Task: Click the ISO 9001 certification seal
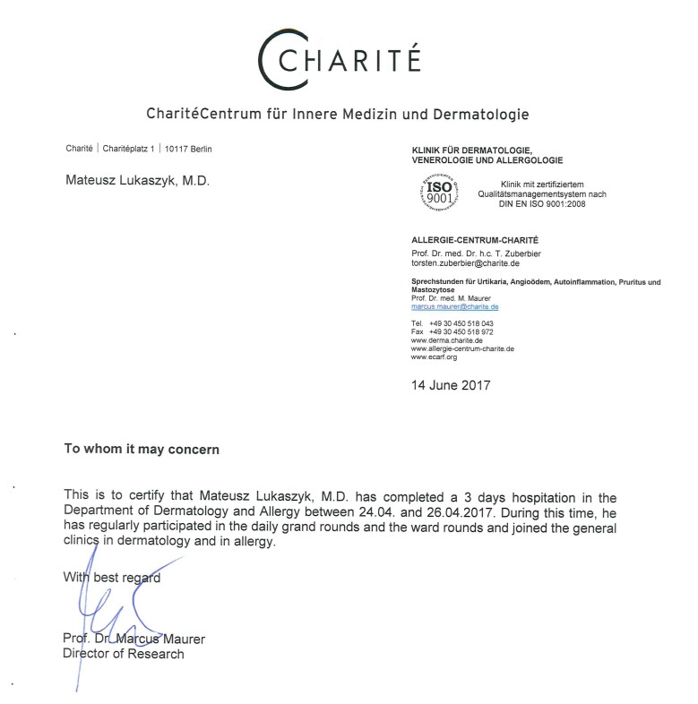point(439,189)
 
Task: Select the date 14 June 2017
point(451,386)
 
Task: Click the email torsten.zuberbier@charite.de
point(465,263)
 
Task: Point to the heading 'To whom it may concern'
point(142,450)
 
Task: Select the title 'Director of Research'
point(123,654)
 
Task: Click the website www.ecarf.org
point(434,357)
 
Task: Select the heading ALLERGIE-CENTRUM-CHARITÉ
point(475,241)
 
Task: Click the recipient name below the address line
point(138,180)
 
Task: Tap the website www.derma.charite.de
point(447,340)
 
